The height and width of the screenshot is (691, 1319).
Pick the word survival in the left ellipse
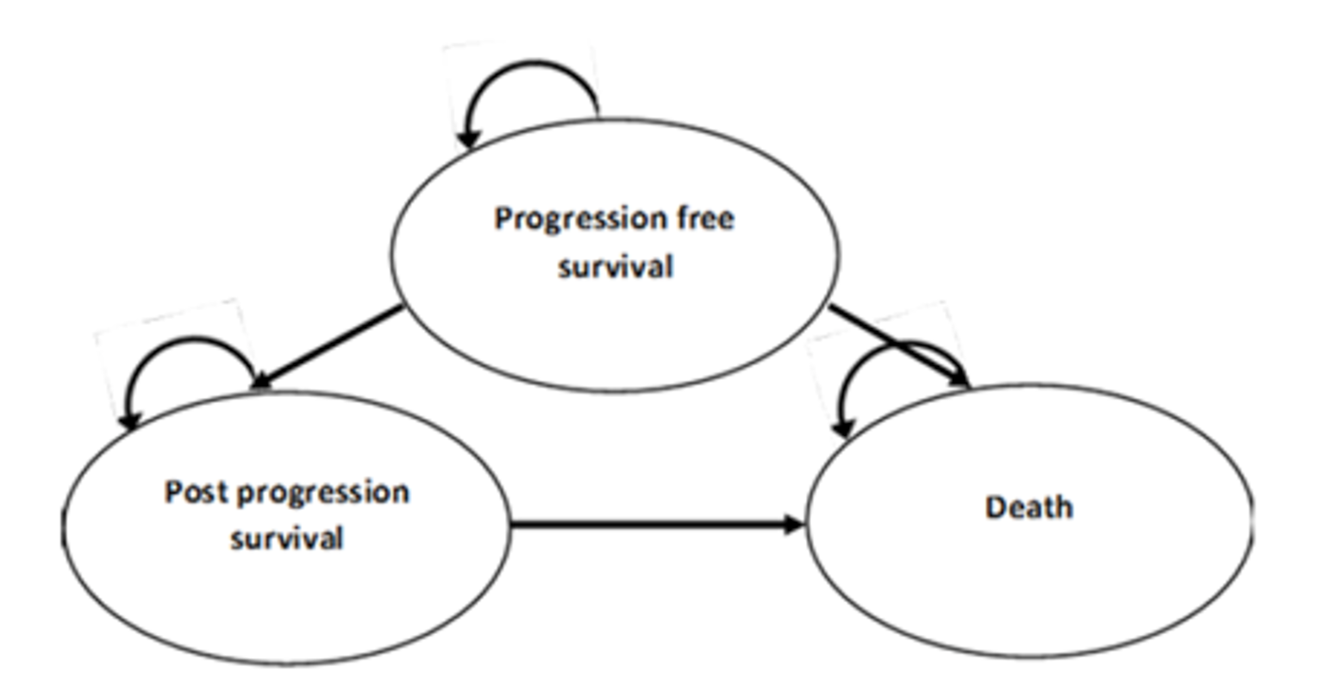coord(286,538)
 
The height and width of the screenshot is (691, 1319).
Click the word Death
coord(1028,507)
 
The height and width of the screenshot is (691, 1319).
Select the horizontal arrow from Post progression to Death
coord(647,523)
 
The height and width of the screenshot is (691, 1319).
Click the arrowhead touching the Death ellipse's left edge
coord(794,524)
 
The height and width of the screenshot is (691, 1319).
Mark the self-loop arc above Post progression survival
coord(190,340)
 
